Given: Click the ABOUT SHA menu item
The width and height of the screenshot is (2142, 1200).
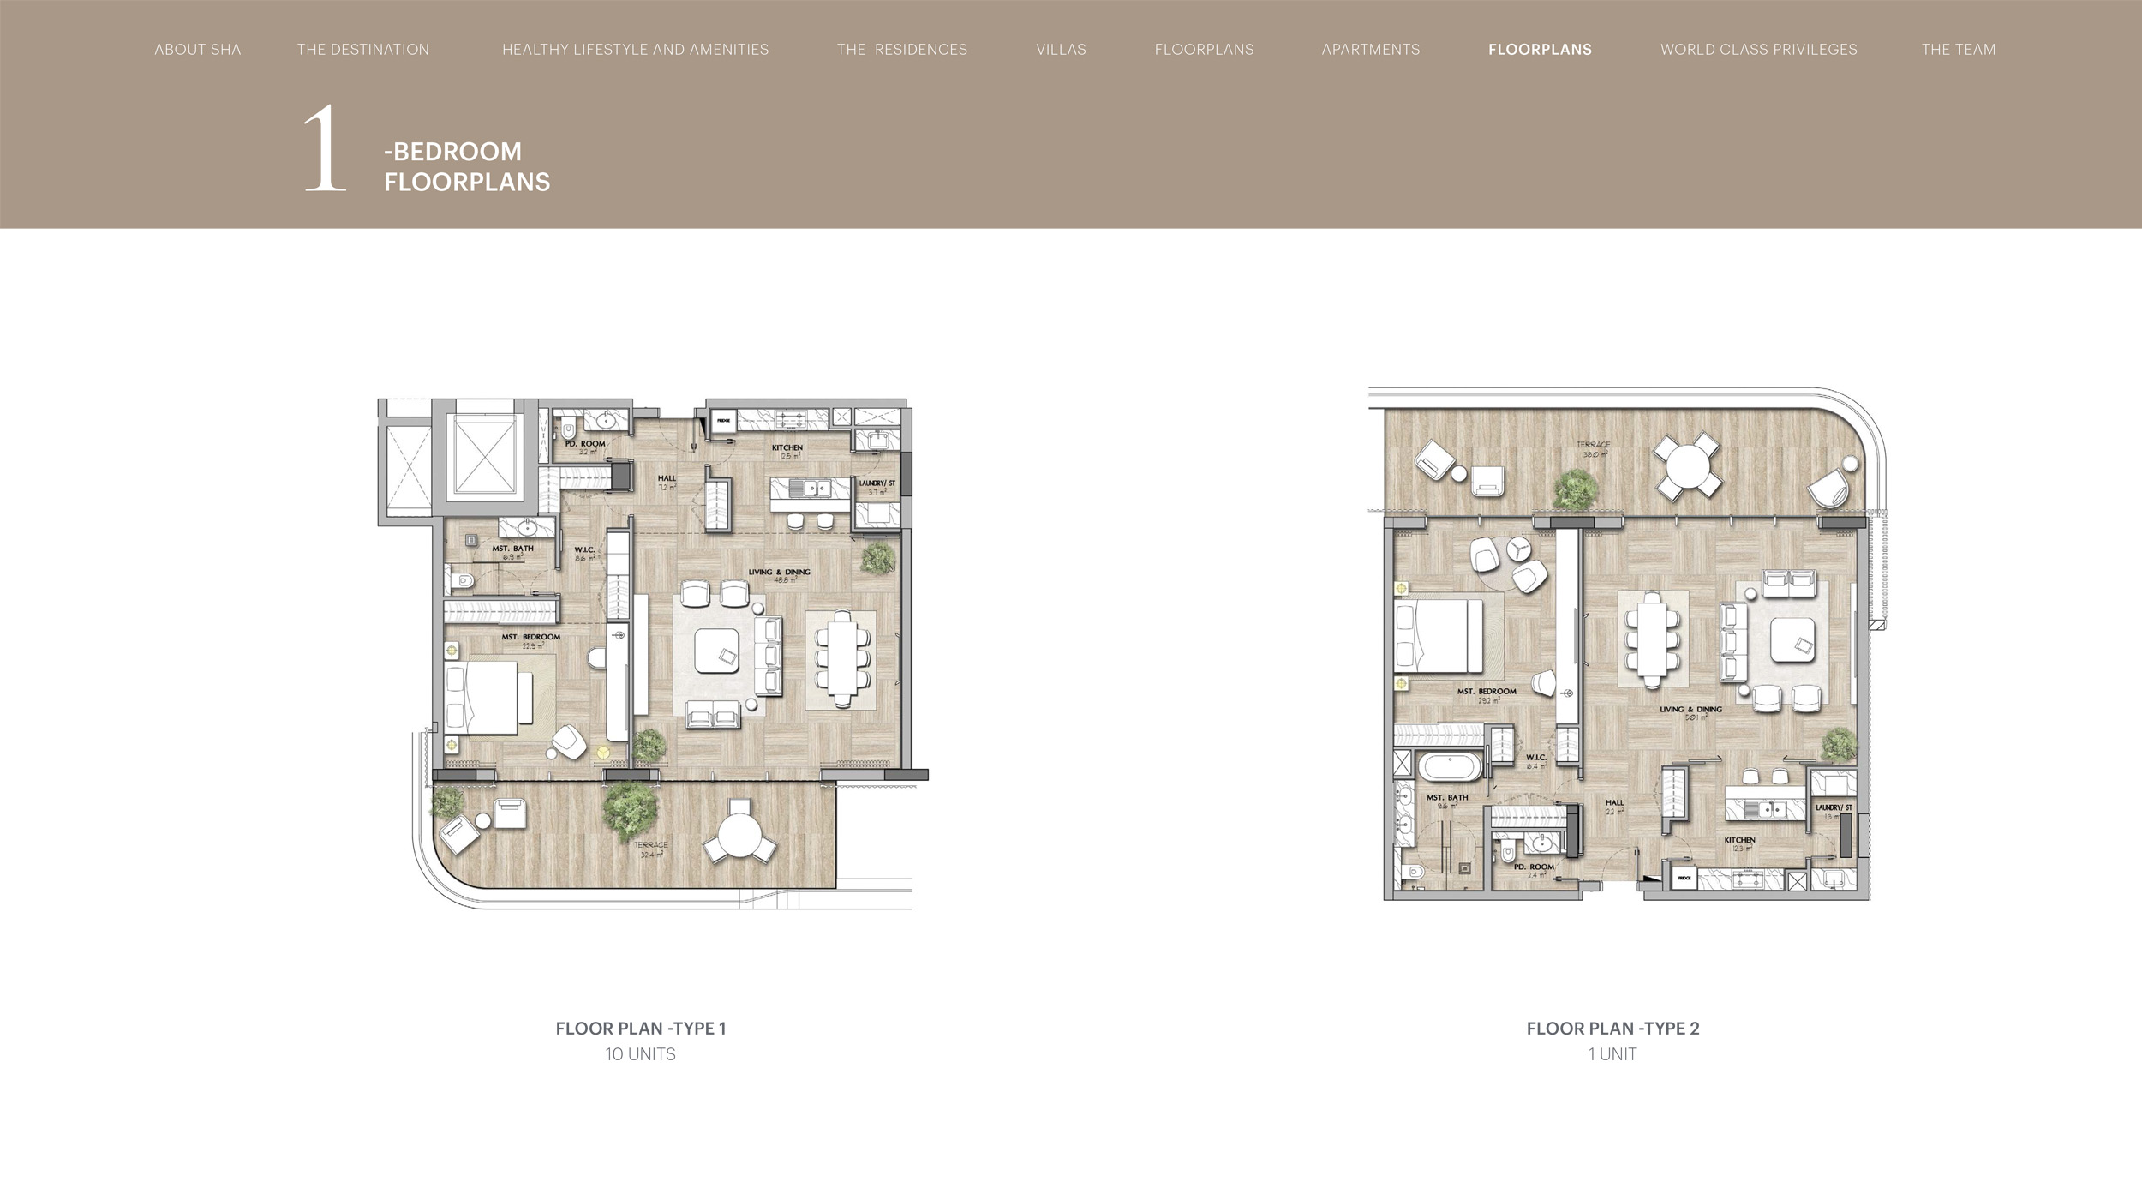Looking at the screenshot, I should pyautogui.click(x=197, y=50).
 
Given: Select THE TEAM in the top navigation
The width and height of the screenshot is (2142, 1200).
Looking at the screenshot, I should pyautogui.click(x=1958, y=50).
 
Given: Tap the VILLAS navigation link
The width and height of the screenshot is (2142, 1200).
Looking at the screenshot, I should pyautogui.click(x=1061, y=50).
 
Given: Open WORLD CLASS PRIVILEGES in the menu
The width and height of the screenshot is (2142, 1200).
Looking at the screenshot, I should pyautogui.click(x=1758, y=50).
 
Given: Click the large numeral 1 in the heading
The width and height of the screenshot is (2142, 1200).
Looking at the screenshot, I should pyautogui.click(x=325, y=150).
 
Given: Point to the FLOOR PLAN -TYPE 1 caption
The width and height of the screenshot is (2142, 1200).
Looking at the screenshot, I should pyautogui.click(x=640, y=1029).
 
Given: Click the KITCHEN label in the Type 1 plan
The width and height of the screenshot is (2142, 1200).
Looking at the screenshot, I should pyautogui.click(x=787, y=447).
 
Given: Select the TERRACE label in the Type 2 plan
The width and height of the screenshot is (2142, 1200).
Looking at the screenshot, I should pyautogui.click(x=1593, y=445).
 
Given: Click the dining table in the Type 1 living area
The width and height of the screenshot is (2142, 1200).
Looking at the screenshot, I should pyautogui.click(x=841, y=658).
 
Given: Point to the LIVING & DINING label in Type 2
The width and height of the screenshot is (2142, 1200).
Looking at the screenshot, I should pyautogui.click(x=1690, y=710).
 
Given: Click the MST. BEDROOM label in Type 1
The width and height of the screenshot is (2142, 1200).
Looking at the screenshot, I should pyautogui.click(x=530, y=637).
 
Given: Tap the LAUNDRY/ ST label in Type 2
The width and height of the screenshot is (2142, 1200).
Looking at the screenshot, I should pyautogui.click(x=1834, y=807).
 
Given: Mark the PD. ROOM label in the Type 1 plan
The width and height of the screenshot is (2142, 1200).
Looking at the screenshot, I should pyautogui.click(x=584, y=444).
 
